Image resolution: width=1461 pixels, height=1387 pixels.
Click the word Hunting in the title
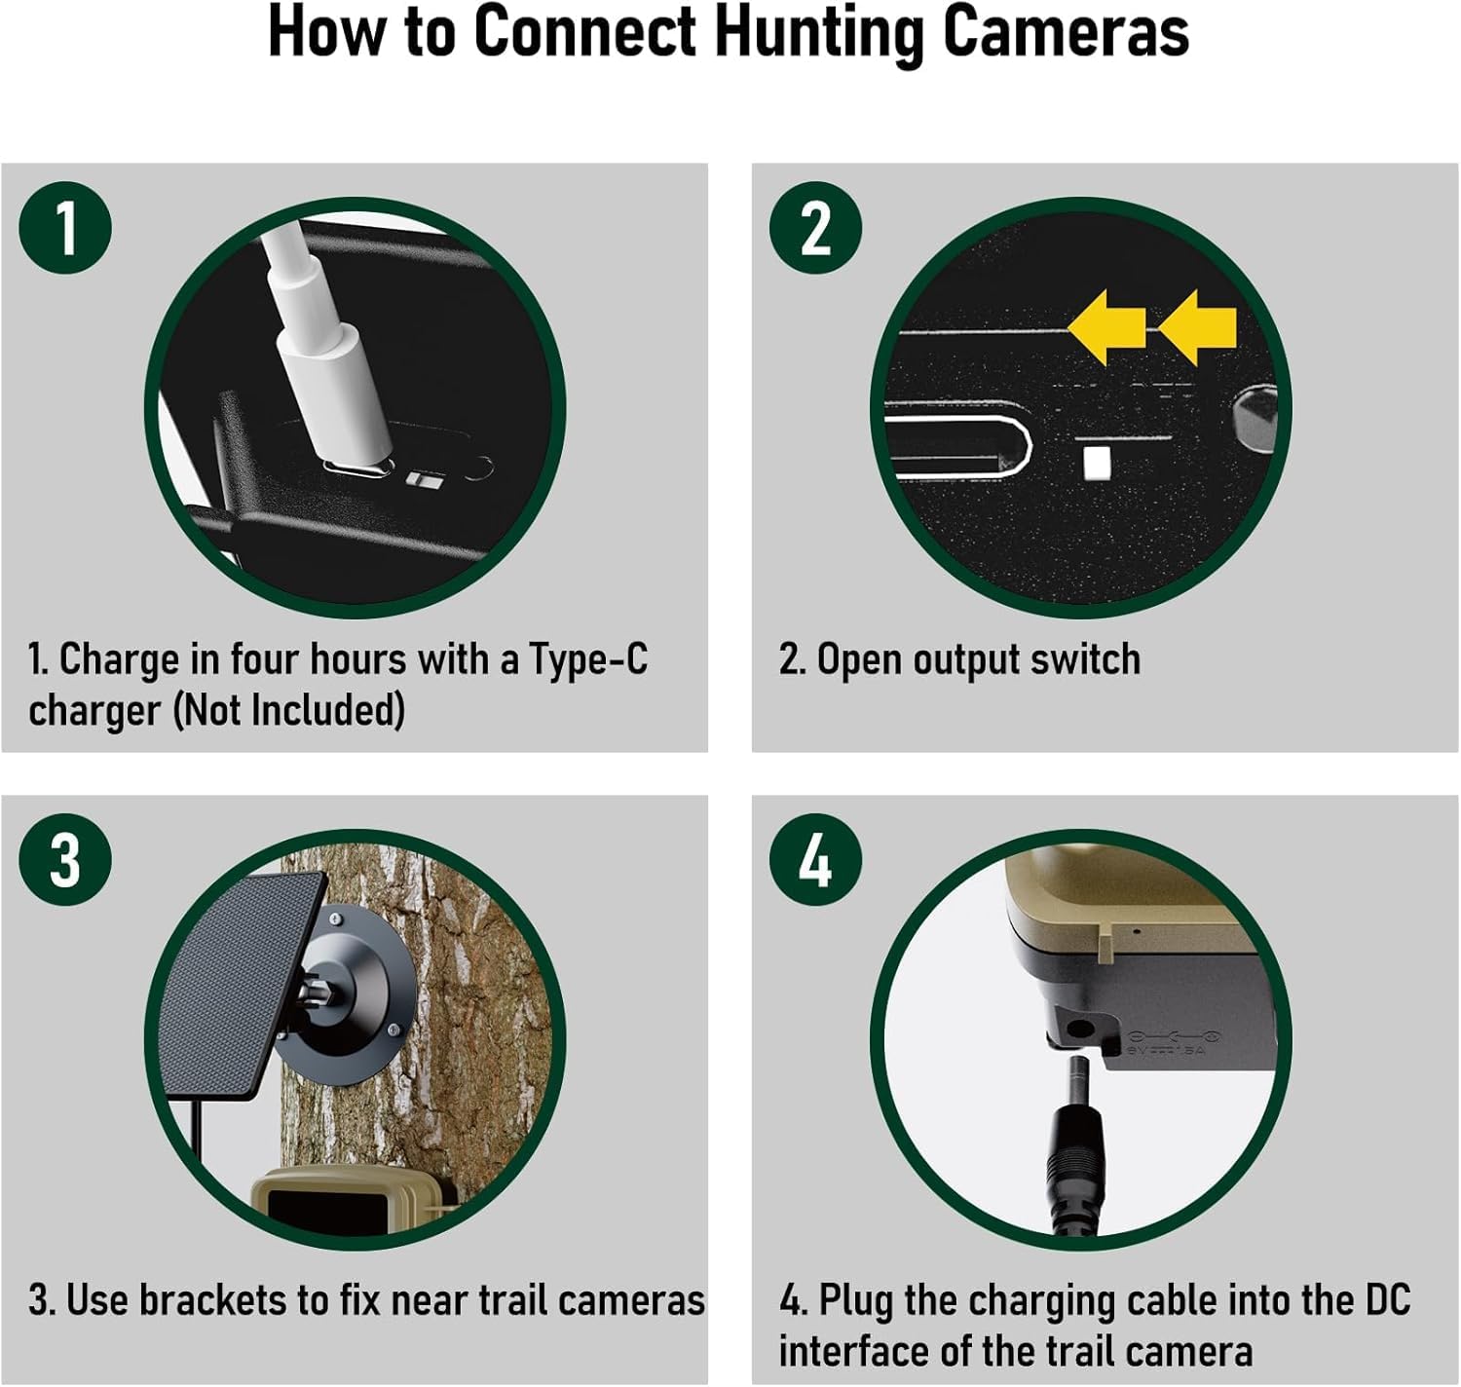(820, 32)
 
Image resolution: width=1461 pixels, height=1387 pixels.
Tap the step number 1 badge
(65, 228)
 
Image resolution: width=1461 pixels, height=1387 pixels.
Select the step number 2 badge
(815, 228)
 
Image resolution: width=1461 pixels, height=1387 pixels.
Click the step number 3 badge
(65, 860)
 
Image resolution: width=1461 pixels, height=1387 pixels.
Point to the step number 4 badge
(815, 860)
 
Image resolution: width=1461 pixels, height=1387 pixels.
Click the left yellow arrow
(1107, 327)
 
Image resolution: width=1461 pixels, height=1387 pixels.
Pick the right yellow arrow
(1198, 327)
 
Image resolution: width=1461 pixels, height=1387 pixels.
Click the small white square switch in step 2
(1098, 464)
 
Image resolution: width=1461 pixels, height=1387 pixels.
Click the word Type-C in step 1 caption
(588, 659)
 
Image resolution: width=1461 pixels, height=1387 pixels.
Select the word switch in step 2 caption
(1085, 659)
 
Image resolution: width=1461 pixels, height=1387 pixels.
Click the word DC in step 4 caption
(1387, 1300)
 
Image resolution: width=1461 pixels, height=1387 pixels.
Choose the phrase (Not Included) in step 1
(289, 710)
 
